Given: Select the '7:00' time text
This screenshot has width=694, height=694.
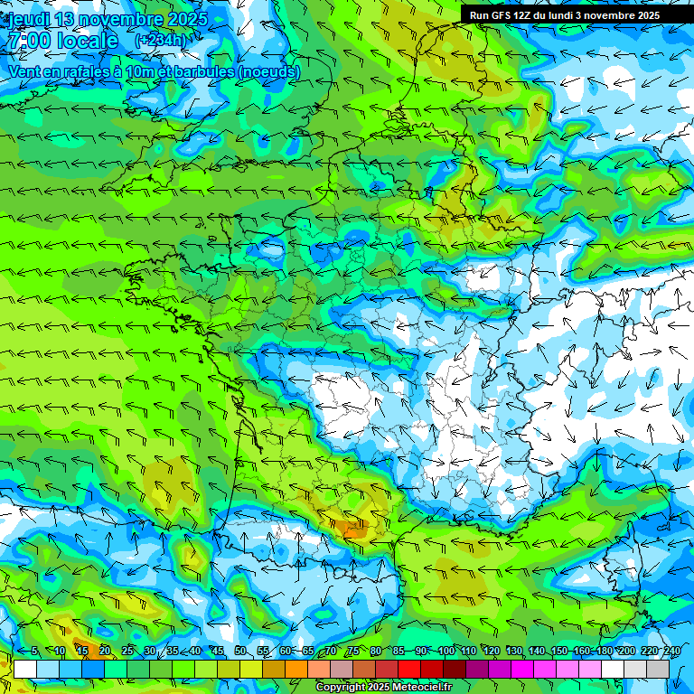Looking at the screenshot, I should pos(28,41).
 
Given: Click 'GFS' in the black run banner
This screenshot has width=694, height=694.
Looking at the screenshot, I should pos(508,15).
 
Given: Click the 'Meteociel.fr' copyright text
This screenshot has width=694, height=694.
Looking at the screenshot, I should pos(416,688).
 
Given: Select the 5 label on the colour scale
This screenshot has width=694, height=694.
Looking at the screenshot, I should pos(34,652).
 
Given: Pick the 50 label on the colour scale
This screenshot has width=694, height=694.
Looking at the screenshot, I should pos(240,652).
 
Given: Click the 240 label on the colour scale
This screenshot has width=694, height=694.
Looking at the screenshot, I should pos(671,652).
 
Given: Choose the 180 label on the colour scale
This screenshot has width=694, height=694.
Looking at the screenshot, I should pos(603,652).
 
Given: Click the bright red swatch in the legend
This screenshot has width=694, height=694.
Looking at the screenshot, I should pos(409,670).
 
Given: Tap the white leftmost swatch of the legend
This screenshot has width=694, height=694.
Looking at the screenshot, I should pos(25,670).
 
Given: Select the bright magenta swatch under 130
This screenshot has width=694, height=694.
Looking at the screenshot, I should pos(522,670).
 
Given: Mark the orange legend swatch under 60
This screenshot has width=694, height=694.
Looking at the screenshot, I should pos(296,670).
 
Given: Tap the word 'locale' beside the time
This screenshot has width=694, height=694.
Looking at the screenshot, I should pos(86,41).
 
